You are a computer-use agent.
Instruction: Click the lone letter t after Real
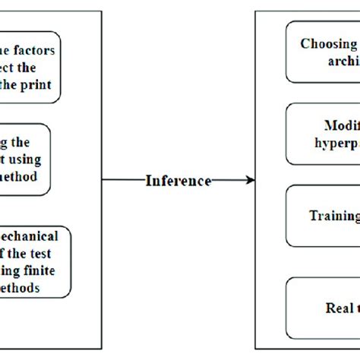355,308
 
